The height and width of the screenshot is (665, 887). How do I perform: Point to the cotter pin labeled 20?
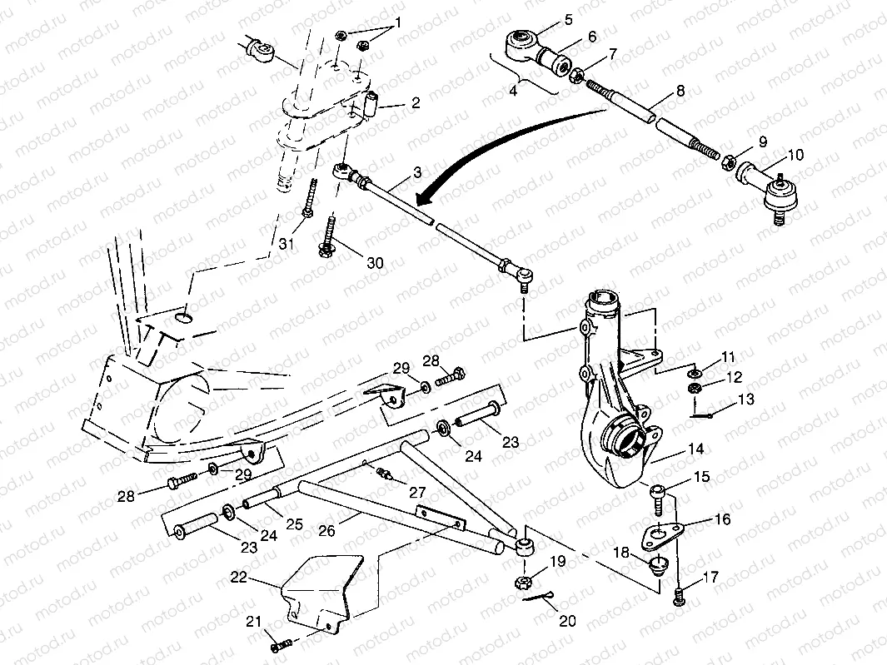coord(544,597)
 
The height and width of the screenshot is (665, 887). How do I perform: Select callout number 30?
coord(375,263)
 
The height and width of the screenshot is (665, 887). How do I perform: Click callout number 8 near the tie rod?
coord(680,91)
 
